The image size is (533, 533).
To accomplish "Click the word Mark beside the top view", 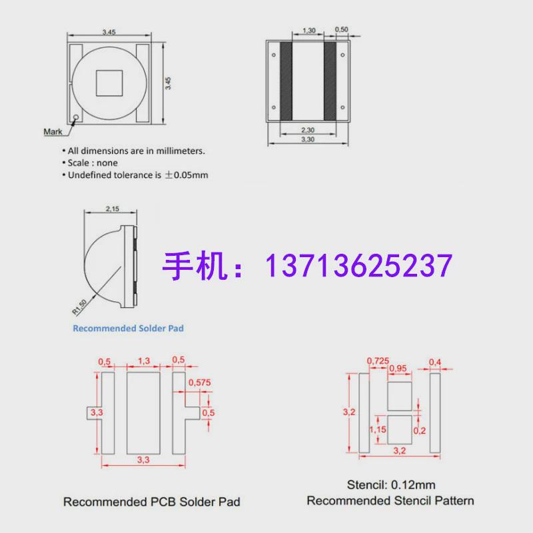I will [53, 131].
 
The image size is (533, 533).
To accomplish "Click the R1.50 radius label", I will [79, 304].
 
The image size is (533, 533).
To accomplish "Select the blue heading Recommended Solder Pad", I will [128, 328].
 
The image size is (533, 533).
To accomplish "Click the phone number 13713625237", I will [359, 266].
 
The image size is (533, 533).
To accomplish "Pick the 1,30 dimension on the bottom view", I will [308, 31].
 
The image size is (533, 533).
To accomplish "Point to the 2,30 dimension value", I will [308, 130].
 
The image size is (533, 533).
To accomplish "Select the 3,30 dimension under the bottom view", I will [308, 140].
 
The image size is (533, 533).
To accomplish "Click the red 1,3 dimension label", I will [143, 360].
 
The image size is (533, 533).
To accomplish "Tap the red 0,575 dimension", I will [200, 382].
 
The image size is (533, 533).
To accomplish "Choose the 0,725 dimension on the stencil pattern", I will [377, 360].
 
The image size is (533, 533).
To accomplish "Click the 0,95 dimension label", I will [397, 368].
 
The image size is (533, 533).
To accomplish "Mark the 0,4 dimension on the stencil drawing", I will [435, 362].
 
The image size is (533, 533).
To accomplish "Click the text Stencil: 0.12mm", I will [390, 485].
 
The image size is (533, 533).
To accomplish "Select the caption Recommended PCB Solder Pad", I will [151, 501].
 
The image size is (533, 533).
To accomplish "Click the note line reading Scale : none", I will [92, 163].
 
